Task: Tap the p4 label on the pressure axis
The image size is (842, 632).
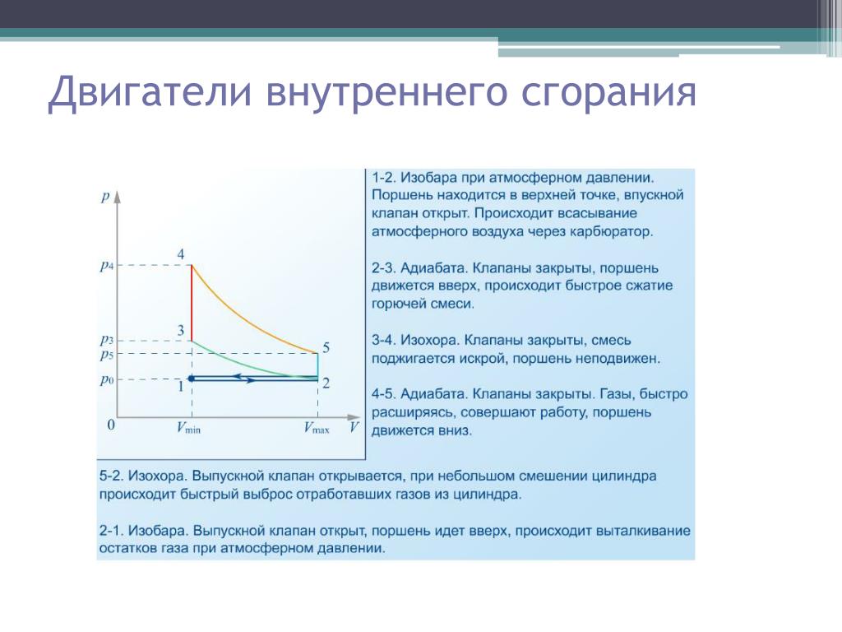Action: tap(107, 266)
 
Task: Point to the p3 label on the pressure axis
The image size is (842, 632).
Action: tap(107, 340)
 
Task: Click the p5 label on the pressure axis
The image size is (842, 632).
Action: tap(107, 355)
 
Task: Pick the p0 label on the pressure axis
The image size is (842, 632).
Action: tap(107, 380)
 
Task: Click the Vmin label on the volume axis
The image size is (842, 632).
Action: tap(188, 428)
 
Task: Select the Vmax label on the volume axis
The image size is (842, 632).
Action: tap(317, 428)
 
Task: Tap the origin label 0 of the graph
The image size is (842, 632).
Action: tap(111, 425)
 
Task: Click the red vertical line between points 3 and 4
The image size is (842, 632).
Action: tap(192, 303)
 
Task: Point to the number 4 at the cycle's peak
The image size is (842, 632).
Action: tap(180, 253)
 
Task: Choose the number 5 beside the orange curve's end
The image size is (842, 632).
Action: tap(326, 347)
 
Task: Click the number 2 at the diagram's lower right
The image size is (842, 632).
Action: tap(326, 383)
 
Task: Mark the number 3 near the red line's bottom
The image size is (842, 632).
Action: tap(181, 330)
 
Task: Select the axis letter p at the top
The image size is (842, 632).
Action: tap(105, 197)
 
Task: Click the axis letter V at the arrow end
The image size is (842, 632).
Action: tap(354, 427)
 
